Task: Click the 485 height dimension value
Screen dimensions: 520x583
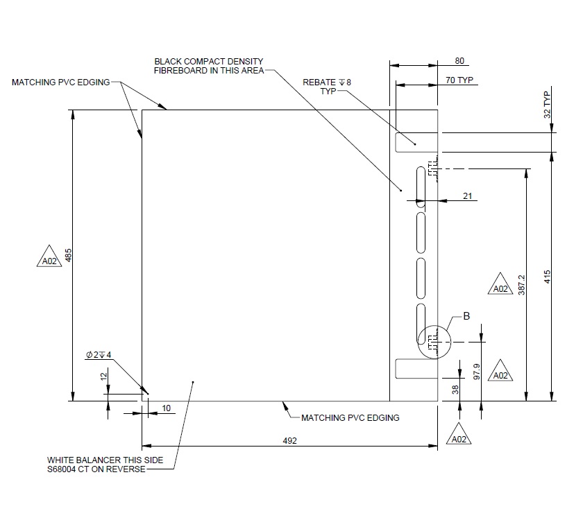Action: (x=68, y=256)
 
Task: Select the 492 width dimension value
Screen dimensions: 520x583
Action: (x=289, y=440)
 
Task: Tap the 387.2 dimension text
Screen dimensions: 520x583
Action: (x=522, y=285)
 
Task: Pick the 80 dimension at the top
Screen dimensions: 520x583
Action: (x=459, y=61)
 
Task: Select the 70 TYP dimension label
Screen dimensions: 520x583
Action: (x=459, y=80)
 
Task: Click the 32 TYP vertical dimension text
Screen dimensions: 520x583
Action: (x=547, y=105)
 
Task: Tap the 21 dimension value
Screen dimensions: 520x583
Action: (x=467, y=196)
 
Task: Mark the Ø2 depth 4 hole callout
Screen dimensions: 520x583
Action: (x=99, y=354)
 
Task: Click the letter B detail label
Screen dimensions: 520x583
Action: (x=466, y=316)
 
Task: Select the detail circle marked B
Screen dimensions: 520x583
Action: (x=434, y=343)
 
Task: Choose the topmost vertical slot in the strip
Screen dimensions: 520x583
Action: (x=421, y=187)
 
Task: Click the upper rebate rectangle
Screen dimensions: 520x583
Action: (x=416, y=142)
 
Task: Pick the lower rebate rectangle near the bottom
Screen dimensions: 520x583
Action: (x=416, y=369)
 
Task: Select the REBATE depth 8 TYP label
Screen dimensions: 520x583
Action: (x=327, y=86)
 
